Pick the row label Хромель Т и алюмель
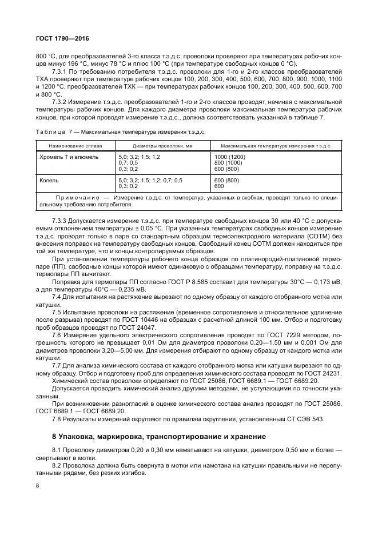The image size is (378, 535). pos(69,156)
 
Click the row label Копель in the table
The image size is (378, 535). pos(49,180)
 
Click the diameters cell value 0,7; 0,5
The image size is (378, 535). pos(129,162)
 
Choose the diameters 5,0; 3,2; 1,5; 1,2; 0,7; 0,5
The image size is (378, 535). pos(150,180)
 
